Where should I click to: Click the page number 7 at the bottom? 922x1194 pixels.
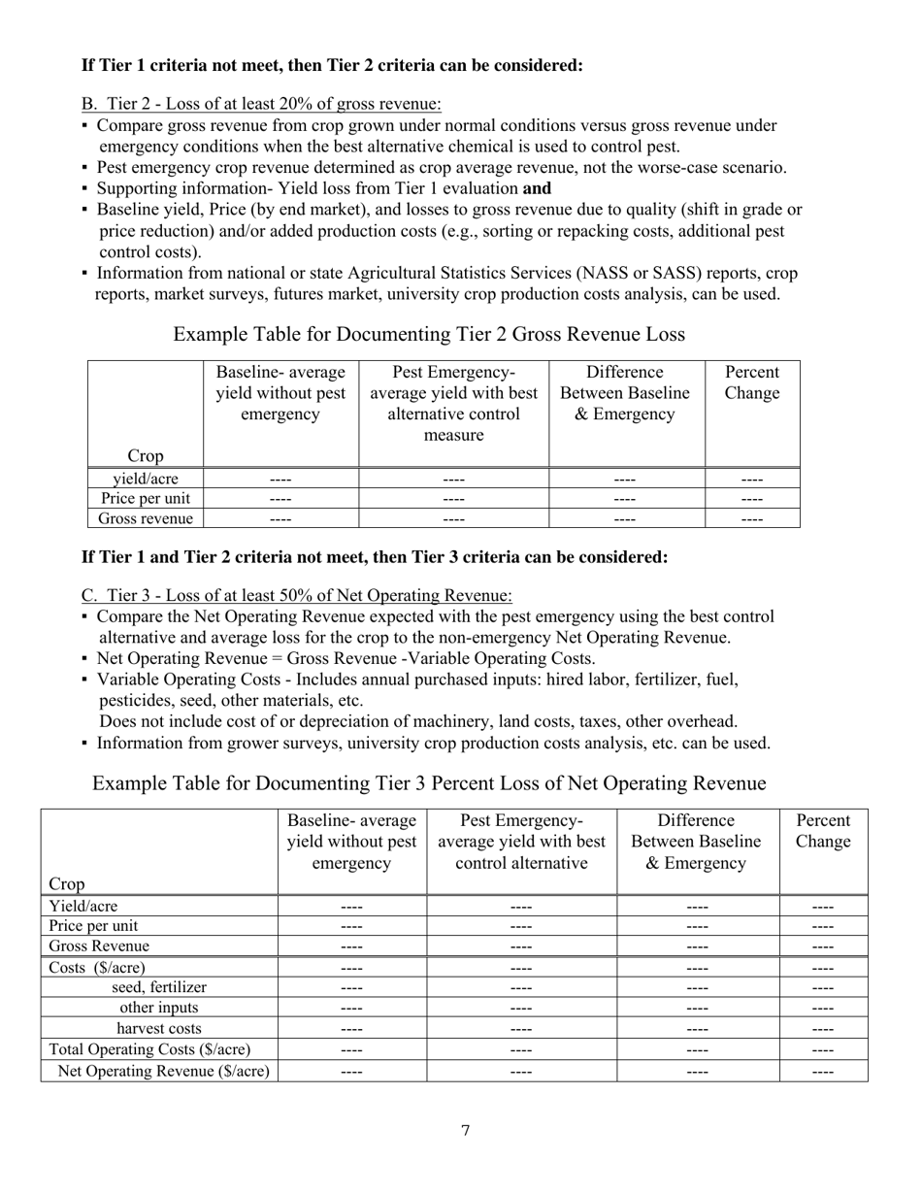pos(466,1130)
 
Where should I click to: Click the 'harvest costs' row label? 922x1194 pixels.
pos(159,1029)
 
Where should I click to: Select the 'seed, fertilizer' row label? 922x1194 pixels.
pos(159,987)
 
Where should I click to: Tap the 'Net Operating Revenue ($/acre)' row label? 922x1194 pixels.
pos(164,1072)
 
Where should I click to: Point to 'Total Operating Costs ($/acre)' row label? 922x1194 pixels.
pos(149,1049)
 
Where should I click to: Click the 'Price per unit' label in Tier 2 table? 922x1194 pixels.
pos(146,499)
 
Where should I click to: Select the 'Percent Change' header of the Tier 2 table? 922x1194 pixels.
pos(752,383)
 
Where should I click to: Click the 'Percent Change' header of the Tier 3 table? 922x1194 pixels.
pos(823,831)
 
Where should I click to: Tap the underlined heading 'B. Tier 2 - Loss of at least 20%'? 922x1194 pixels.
pos(261,104)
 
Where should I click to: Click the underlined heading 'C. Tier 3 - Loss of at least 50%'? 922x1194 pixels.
pos(296,595)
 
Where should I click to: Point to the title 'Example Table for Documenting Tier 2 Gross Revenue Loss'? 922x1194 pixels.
pos(429,335)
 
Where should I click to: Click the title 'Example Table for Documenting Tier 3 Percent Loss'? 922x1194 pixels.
pos(429,783)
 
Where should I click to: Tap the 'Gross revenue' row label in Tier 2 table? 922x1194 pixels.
pos(146,519)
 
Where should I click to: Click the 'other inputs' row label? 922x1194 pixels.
pos(159,1009)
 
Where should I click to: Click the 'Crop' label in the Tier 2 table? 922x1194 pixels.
pos(146,456)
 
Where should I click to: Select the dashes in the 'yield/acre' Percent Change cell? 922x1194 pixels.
pos(752,479)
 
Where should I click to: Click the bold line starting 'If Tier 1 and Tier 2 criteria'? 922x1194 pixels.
pos(375,558)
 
